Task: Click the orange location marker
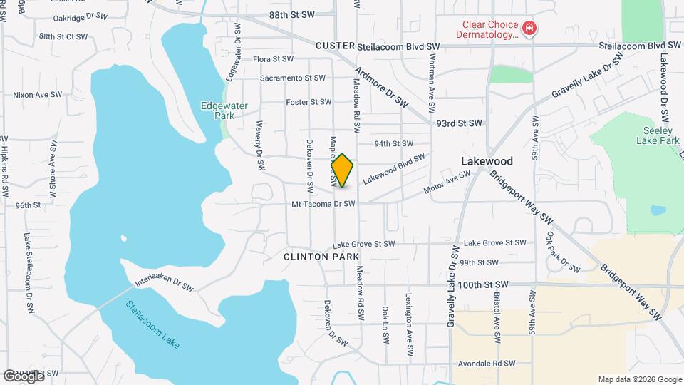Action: coord(342,170)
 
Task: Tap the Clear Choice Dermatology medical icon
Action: coord(529,29)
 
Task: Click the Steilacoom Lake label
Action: coord(152,324)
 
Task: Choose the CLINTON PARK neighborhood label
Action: coord(321,256)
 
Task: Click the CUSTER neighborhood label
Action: coord(335,46)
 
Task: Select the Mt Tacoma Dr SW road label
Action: coord(323,204)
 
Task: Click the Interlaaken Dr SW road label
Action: coord(164,284)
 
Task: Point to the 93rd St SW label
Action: coord(460,123)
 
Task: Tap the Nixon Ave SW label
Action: coord(33,94)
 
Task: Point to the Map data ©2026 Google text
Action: coord(640,379)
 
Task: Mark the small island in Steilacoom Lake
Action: coord(124,239)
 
